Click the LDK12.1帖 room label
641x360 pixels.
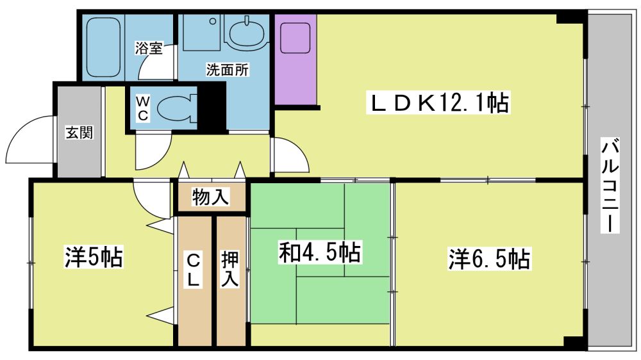(x=438, y=103)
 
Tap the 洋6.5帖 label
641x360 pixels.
(x=489, y=259)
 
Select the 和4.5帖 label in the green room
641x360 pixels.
(x=320, y=252)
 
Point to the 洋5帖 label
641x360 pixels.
(x=94, y=257)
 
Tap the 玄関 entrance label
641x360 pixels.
(x=79, y=133)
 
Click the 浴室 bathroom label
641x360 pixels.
(x=149, y=48)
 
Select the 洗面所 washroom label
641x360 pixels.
(x=228, y=70)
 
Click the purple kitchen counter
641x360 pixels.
(x=295, y=60)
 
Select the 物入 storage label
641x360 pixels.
(x=210, y=197)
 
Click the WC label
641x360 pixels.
(x=143, y=108)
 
